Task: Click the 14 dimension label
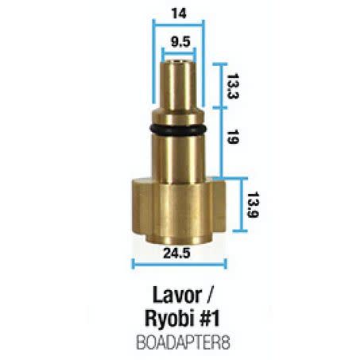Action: click(179, 14)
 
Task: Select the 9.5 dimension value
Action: click(180, 42)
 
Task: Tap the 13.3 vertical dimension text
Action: click(233, 86)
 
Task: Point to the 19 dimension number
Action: click(233, 137)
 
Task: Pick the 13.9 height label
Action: click(253, 205)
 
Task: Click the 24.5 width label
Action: click(176, 254)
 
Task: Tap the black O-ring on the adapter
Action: click(177, 130)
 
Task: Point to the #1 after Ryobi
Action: click(209, 318)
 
